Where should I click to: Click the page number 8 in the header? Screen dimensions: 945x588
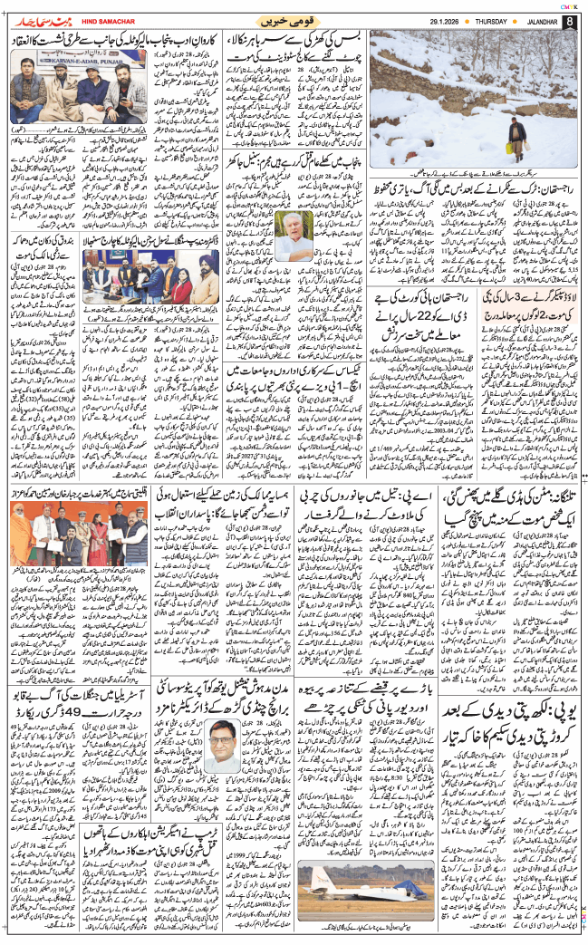[x=569, y=21]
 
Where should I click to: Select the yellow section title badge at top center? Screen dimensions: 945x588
[x=290, y=21]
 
